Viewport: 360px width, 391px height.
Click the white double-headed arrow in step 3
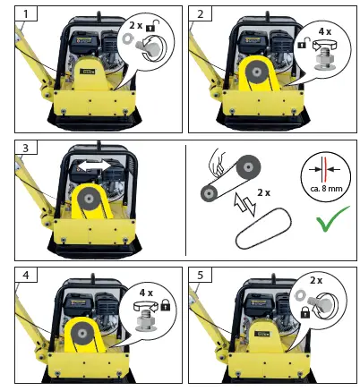pyautogui.click(x=92, y=166)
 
